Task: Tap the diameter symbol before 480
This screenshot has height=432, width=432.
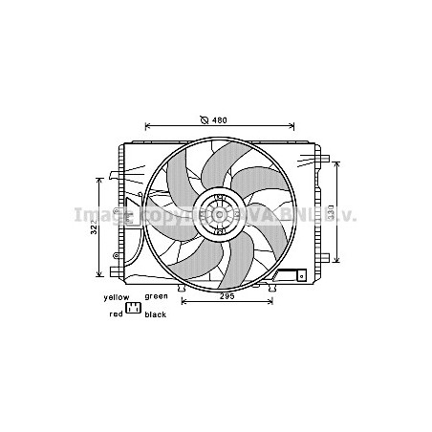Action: [205, 120]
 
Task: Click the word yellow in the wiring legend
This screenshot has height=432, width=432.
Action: [117, 297]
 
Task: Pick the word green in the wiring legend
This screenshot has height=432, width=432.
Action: [156, 297]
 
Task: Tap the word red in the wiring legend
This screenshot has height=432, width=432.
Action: [116, 313]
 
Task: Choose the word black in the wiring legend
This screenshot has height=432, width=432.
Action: [156, 313]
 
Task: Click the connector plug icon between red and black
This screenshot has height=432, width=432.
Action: [134, 308]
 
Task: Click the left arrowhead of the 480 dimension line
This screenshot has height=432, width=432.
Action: [147, 126]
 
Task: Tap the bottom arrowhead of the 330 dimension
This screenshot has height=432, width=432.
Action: [336, 262]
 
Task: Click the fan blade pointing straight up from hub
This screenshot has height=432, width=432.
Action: [218, 167]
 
